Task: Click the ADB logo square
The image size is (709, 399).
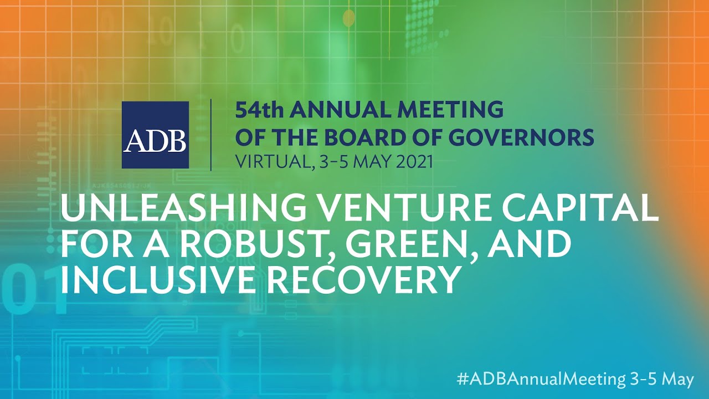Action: click(x=155, y=135)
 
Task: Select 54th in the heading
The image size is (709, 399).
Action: click(x=259, y=110)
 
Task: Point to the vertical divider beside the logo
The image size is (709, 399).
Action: click(x=211, y=135)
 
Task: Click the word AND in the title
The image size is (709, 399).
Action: click(x=530, y=245)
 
